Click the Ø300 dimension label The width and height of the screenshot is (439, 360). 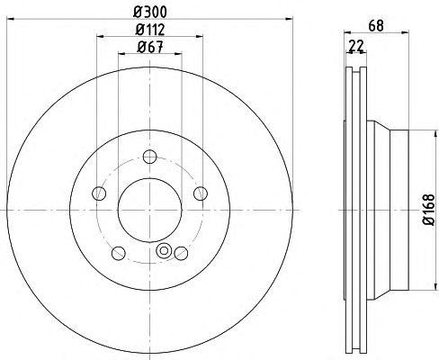pos(150,12)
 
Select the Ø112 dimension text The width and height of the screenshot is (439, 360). pos(150,30)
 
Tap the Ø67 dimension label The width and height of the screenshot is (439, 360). pos(150,47)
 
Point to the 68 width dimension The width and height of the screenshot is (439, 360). pos(376,25)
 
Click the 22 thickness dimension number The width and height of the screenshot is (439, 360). pos(355,46)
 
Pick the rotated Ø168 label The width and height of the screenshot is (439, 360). pos(428,210)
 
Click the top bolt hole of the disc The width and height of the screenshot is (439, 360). pos(149,157)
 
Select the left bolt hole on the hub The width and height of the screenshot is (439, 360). pos(99,193)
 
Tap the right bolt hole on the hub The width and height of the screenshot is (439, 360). pos(201,193)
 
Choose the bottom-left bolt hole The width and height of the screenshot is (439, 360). pos(119,253)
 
